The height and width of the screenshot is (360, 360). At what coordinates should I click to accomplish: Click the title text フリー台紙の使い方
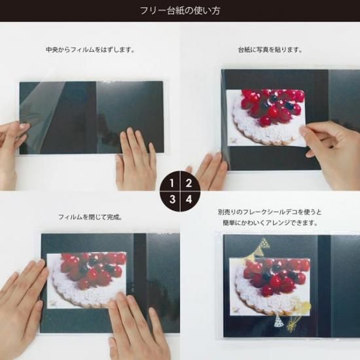coord(179,10)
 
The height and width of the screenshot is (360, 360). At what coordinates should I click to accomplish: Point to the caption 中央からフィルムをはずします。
coord(90,50)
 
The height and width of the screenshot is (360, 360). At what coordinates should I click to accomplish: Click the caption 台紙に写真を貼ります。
coord(270,50)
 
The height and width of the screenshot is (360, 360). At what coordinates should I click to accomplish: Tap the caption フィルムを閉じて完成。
coord(90,217)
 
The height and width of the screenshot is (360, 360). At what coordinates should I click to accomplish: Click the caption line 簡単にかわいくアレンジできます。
coord(270,223)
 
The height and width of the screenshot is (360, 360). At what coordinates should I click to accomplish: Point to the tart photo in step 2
coord(265,115)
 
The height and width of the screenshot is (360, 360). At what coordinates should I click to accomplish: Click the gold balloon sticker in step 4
coord(302,308)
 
